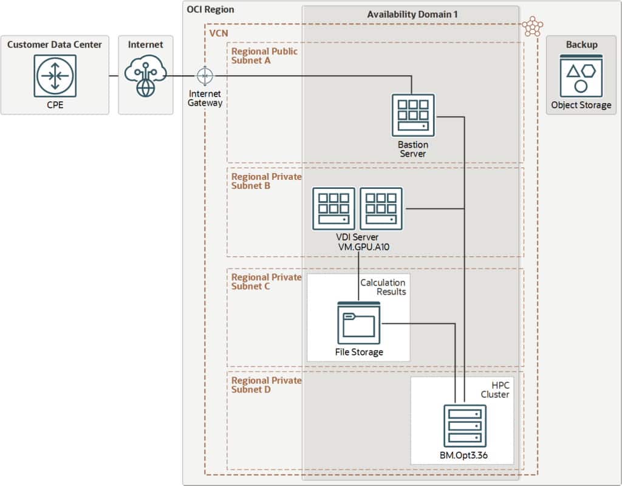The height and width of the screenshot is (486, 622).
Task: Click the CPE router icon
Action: tap(55, 76)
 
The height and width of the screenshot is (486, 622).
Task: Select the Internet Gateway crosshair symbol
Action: tap(205, 76)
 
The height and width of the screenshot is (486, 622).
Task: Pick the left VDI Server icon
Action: tap(334, 208)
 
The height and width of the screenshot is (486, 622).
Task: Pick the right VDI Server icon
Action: tap(381, 208)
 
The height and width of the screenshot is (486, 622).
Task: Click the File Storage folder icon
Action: tap(359, 322)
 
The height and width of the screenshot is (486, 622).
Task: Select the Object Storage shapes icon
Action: tap(581, 75)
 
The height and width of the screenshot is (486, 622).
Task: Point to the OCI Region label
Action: tap(210, 10)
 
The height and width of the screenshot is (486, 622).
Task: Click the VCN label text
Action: tap(219, 32)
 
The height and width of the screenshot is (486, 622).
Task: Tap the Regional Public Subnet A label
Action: tap(264, 56)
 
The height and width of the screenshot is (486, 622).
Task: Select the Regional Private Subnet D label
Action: tap(266, 385)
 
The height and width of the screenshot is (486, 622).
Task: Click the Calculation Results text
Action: tap(383, 287)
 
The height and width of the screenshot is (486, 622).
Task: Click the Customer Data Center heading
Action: tap(55, 44)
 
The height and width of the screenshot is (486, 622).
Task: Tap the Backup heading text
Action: tap(581, 44)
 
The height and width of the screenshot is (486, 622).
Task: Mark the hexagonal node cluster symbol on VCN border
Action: tap(533, 26)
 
